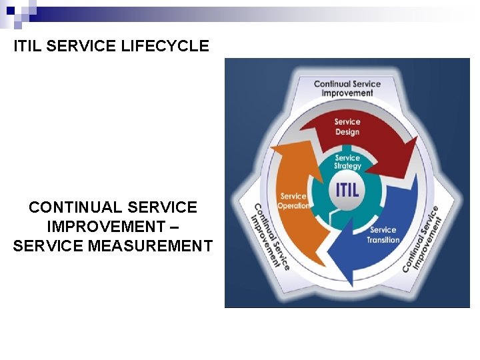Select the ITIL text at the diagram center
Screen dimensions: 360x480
point(347,189)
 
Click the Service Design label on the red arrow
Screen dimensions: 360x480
point(347,127)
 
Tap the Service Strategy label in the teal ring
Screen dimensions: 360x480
point(347,162)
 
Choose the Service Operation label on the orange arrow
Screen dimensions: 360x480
point(294,201)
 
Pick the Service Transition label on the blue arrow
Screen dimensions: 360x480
point(383,235)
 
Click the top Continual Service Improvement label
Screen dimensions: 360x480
point(347,89)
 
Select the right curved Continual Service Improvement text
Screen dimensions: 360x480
point(422,238)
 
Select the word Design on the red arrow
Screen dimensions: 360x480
point(347,132)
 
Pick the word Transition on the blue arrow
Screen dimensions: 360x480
point(383,240)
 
